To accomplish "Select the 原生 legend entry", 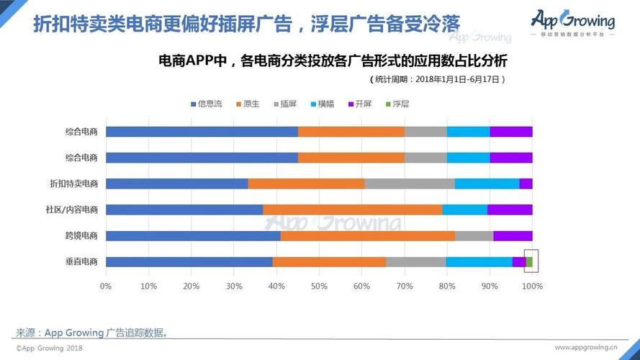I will point(247,104).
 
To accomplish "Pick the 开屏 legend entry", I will point(359,104).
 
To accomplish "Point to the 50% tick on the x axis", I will point(319,287).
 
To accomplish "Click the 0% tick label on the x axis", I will point(106,287).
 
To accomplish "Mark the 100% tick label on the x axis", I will point(532,287).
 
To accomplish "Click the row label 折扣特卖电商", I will point(73,184).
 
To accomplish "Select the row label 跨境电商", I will point(81,235).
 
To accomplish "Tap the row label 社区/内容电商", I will point(72,210).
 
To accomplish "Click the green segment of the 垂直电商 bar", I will point(529,261).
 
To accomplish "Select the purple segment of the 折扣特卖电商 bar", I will point(526,184).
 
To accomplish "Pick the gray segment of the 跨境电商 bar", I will point(474,235).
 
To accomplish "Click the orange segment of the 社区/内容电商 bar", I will point(352,210).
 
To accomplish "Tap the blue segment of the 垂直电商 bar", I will point(189,261).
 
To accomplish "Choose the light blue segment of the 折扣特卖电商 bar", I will point(487,184).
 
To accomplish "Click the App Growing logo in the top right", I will point(573,22).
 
